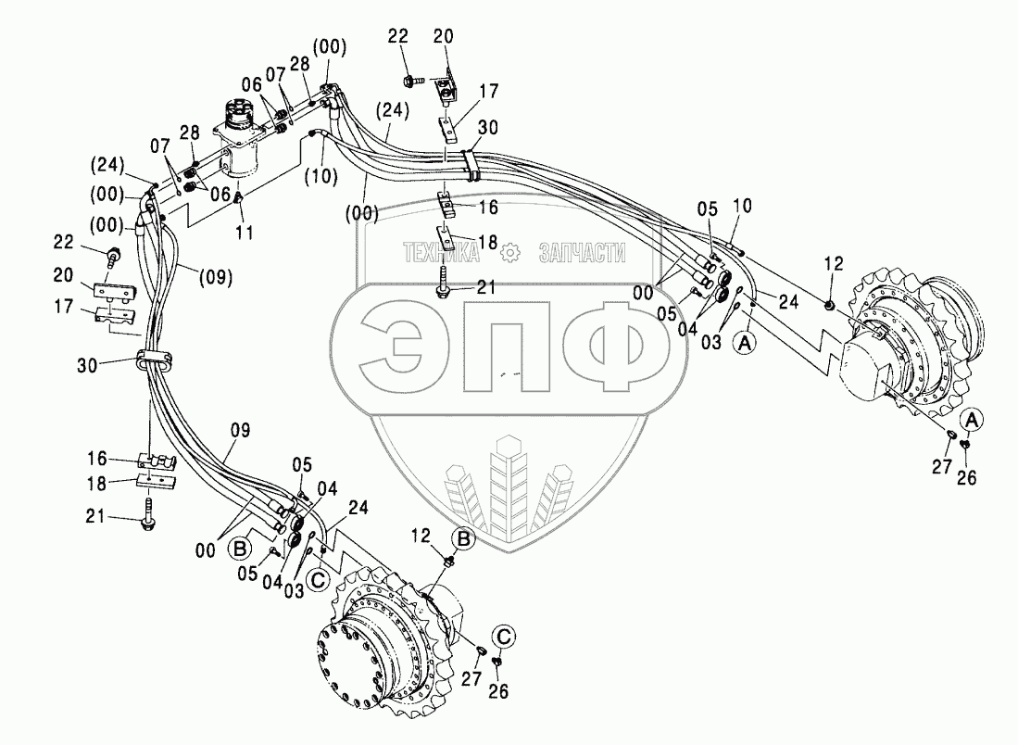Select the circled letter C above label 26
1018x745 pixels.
pyautogui.click(x=503, y=636)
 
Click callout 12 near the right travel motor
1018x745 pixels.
pyautogui.click(x=832, y=264)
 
